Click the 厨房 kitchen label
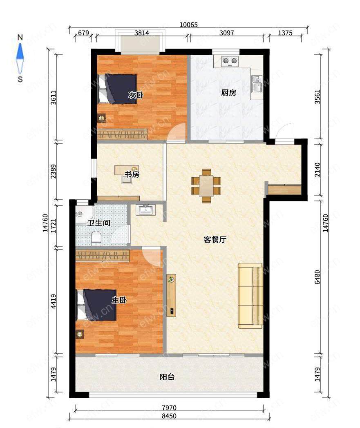click(x=228, y=93)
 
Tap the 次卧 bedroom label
click(x=136, y=95)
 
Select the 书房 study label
click(x=132, y=174)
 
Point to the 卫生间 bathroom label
click(x=99, y=223)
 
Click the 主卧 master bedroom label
click(x=119, y=300)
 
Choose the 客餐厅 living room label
click(x=215, y=240)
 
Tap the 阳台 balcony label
click(x=167, y=377)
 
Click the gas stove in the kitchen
click(x=230, y=61)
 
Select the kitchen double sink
click(x=257, y=84)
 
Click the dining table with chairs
click(x=206, y=185)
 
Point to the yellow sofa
click(x=250, y=296)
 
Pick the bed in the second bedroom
click(x=117, y=89)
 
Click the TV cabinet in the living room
click(x=171, y=295)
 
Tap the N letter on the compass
click(x=20, y=37)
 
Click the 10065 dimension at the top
click(x=188, y=25)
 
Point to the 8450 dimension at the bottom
click(x=169, y=416)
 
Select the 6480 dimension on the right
click(x=317, y=277)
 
